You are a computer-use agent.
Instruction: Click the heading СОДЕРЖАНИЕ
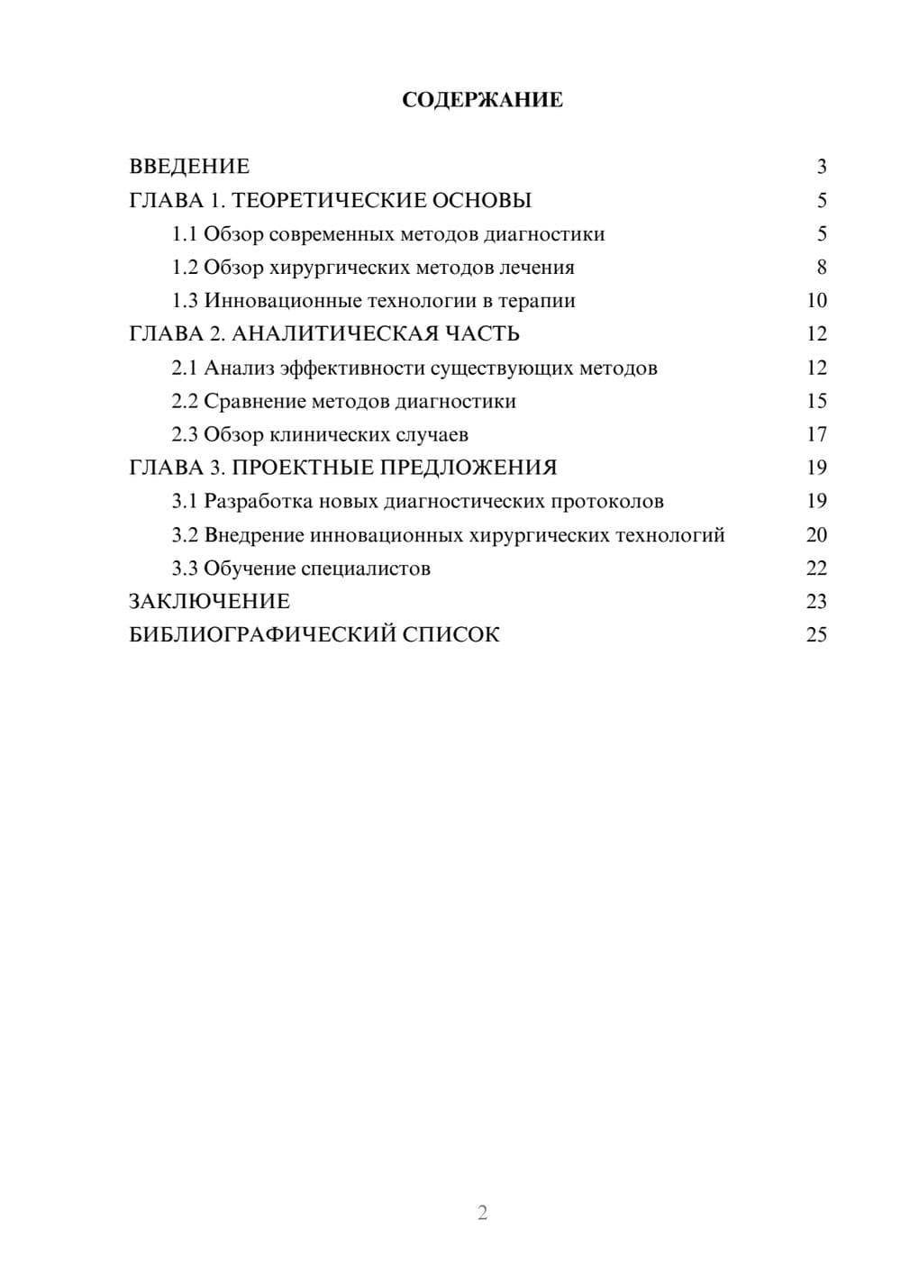coord(482,100)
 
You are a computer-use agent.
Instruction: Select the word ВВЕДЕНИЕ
coord(189,167)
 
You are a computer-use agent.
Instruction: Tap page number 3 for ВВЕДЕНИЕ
coord(821,167)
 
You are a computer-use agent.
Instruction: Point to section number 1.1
coord(185,234)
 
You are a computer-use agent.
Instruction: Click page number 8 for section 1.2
coord(821,268)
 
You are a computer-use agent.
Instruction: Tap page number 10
coord(816,301)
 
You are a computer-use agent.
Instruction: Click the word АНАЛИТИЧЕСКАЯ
coord(331,334)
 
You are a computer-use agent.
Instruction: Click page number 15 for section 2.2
coord(816,401)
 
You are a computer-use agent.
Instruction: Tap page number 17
coord(816,434)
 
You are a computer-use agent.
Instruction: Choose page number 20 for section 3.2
coord(816,535)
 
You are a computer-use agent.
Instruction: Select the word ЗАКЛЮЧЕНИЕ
coord(209,601)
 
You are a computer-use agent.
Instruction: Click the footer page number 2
coord(482,1213)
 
